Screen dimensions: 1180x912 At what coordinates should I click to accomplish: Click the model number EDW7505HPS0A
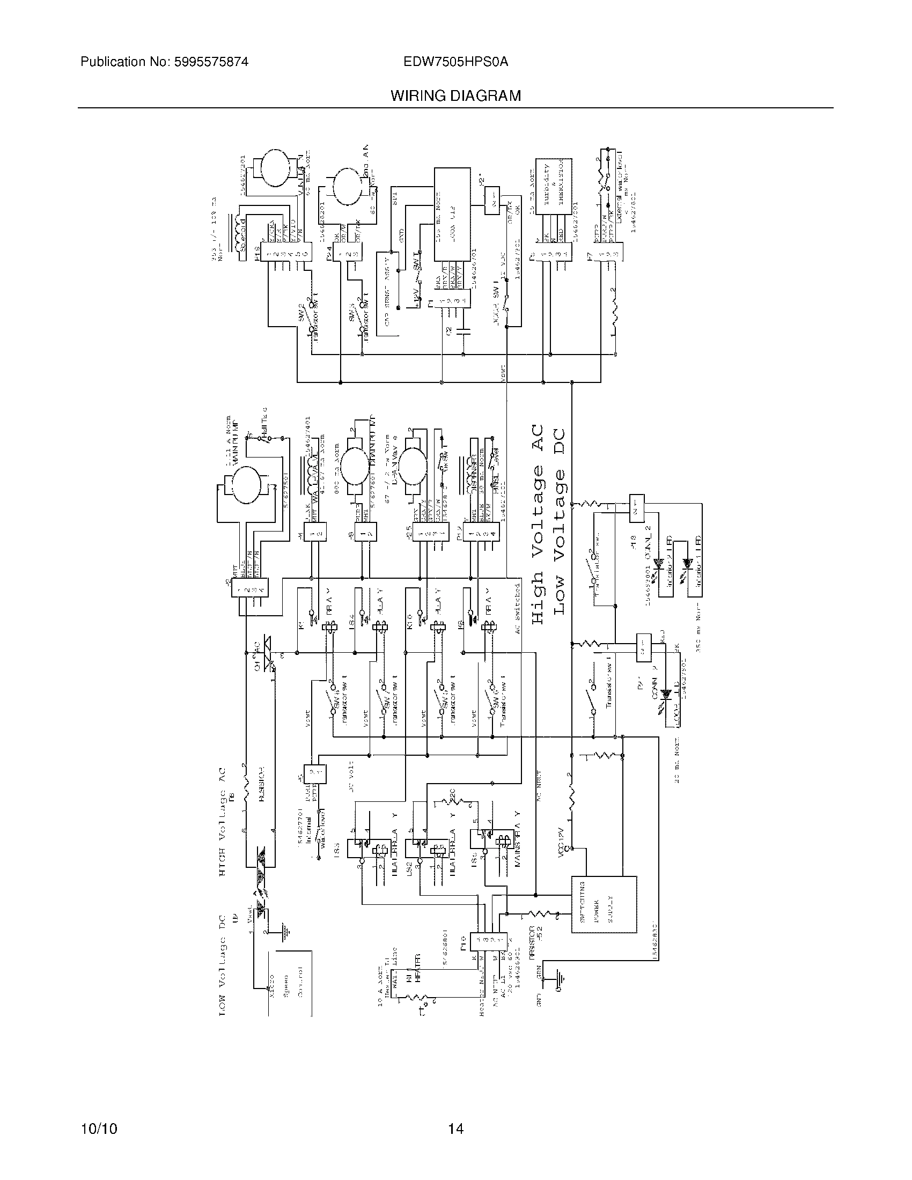tap(455, 62)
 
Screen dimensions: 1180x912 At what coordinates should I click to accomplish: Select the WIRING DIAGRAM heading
tap(455, 96)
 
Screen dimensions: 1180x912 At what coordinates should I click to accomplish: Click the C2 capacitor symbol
tap(464, 330)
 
